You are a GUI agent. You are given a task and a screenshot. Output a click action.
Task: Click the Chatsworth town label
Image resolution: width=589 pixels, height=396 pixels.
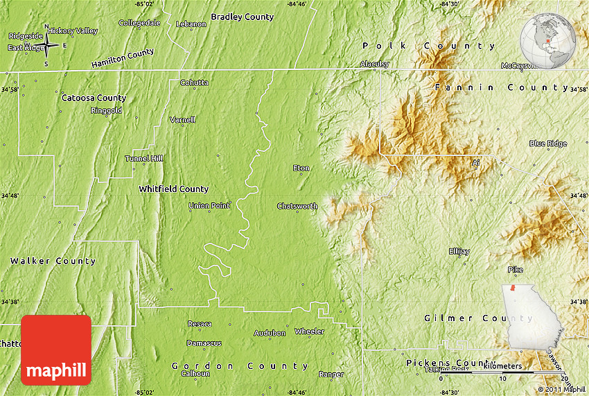tap(297, 206)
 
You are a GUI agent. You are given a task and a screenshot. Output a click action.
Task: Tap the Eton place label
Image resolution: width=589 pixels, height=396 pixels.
tap(301, 169)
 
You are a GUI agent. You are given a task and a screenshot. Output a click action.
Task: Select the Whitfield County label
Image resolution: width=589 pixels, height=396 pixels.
tap(173, 189)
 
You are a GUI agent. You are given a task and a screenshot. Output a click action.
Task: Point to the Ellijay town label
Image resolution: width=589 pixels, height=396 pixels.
tap(459, 251)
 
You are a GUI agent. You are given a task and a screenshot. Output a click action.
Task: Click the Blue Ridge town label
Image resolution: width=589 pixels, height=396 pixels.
tap(547, 144)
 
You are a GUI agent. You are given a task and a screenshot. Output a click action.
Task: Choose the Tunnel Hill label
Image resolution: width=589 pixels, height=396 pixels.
tap(143, 158)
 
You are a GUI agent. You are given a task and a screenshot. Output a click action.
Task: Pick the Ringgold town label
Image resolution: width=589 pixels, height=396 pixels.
tap(106, 110)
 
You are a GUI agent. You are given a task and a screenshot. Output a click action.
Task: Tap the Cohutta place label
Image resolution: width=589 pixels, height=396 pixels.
tap(194, 83)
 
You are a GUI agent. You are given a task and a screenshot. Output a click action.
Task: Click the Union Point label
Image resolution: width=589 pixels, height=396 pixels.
tap(209, 206)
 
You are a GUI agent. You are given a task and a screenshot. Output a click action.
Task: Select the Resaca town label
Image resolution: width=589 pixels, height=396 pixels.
tap(200, 324)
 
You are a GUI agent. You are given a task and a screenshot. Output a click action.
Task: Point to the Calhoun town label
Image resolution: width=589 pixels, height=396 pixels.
tap(195, 373)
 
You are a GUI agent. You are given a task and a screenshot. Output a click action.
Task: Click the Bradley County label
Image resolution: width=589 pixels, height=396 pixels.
tap(242, 17)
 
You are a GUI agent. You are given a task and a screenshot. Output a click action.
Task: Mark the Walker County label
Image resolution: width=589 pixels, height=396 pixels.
tap(53, 261)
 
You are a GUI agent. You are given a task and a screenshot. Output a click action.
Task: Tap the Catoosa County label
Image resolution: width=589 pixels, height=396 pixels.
tap(94, 98)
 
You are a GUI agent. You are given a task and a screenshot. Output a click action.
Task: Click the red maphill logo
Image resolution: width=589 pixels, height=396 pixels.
tap(56, 350)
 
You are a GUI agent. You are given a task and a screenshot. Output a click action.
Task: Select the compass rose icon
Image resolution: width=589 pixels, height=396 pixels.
tap(46, 46)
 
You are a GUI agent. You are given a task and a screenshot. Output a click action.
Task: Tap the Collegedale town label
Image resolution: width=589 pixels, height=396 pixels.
tap(139, 23)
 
